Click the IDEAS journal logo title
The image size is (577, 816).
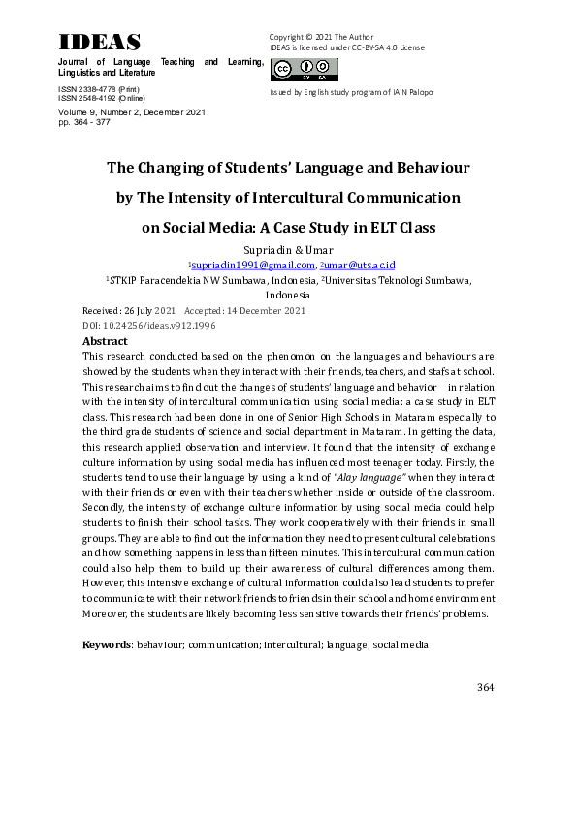point(100,42)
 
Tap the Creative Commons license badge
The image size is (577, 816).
point(305,69)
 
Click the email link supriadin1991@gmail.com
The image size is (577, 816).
point(254,265)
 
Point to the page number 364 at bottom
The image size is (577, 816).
point(486,687)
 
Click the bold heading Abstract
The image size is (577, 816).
point(105,341)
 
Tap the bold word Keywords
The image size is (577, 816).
point(107,643)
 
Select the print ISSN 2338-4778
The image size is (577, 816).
point(87,89)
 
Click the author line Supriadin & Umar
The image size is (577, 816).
point(288,250)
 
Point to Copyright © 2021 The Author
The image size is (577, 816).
point(321,37)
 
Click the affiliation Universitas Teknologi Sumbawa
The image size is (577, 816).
point(399,280)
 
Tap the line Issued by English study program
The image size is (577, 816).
point(351,92)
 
